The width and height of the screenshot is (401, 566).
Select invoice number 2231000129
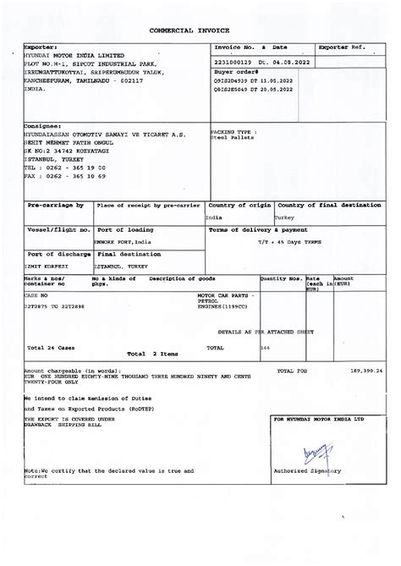point(234,62)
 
